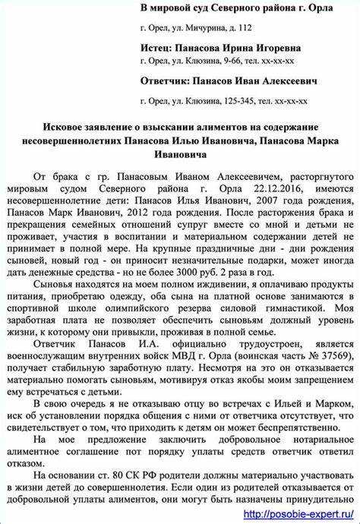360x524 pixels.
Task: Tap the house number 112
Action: coord(242,27)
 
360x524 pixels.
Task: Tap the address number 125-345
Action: coord(232,99)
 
